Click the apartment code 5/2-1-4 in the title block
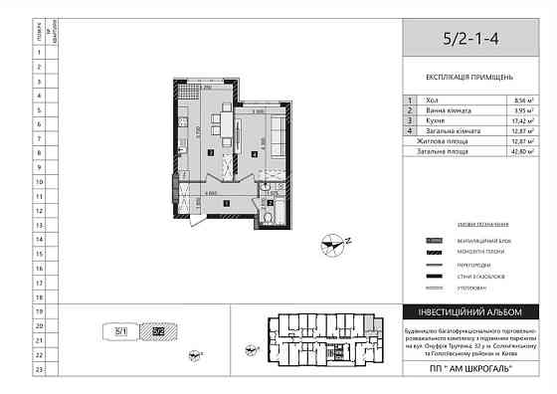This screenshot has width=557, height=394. (473, 41)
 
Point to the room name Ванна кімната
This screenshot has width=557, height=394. (443, 111)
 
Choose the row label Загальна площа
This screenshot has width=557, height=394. (444, 151)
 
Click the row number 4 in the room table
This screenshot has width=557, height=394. (410, 131)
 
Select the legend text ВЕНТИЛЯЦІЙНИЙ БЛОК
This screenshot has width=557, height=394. (473, 241)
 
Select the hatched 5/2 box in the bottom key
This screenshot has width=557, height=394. (156, 332)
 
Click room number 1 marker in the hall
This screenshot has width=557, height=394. (227, 202)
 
